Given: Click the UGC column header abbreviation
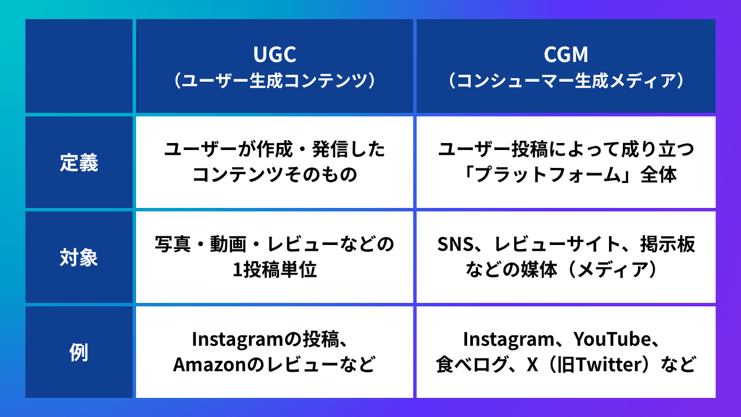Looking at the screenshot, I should [275, 54].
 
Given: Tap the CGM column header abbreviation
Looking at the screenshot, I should [566, 54].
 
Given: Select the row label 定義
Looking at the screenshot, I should [79, 163].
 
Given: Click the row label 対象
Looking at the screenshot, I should [79, 257].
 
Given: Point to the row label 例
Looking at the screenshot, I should [79, 352].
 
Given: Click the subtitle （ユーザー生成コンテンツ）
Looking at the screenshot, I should [275, 81].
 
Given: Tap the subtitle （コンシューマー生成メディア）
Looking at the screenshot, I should [566, 81].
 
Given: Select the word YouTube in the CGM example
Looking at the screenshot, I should [615, 339].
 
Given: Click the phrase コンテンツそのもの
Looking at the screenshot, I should [274, 175].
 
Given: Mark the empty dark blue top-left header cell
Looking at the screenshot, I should [79, 66].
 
